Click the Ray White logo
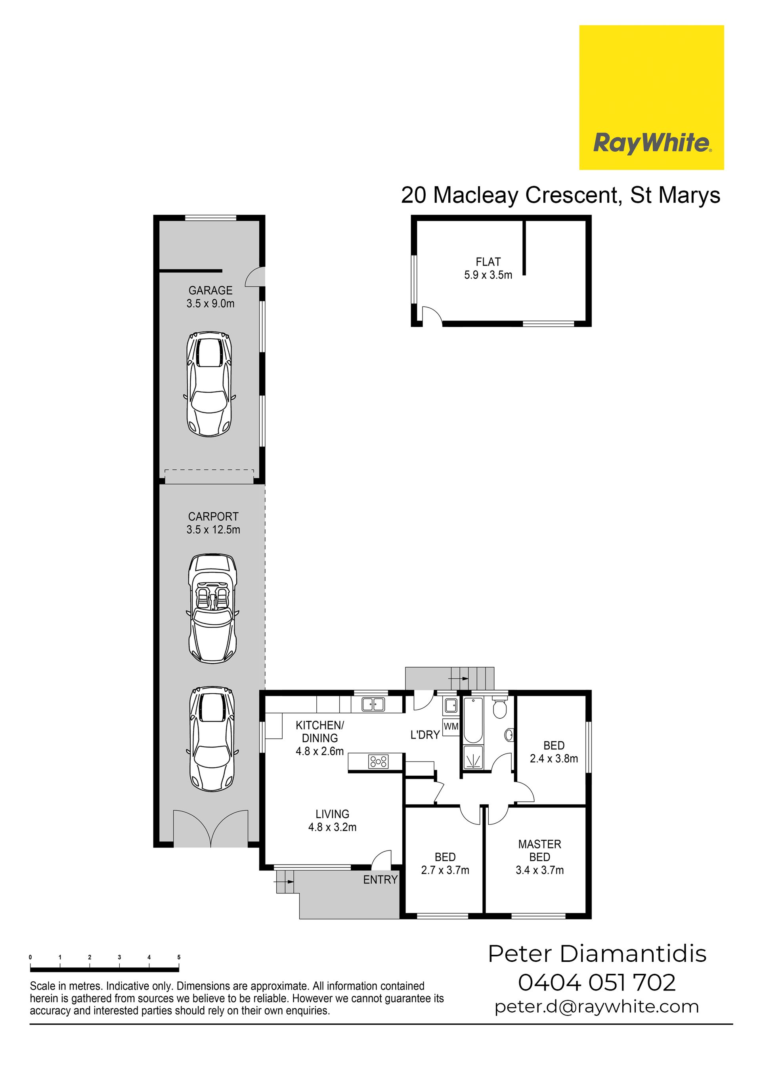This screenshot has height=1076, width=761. pos(651,97)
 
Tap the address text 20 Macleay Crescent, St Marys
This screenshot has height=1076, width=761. pos(560,195)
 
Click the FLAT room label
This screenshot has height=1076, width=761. pos(488,262)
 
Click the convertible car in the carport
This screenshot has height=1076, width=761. pos(212,609)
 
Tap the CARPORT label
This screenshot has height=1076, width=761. pos(213,517)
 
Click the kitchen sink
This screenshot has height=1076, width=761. pos(373,704)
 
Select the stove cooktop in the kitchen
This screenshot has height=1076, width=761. pos(379,761)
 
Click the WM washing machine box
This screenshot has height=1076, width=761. pos(451,727)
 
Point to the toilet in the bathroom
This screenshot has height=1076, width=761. pos(500,709)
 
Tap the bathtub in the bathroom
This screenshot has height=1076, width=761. pos(472,720)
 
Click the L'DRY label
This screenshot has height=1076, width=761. pos(425,735)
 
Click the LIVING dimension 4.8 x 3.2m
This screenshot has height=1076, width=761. pos(332,827)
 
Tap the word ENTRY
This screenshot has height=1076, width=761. pos(380,879)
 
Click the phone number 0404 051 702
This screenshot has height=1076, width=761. pos(597,982)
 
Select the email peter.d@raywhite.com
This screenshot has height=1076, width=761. pos(597,1007)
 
